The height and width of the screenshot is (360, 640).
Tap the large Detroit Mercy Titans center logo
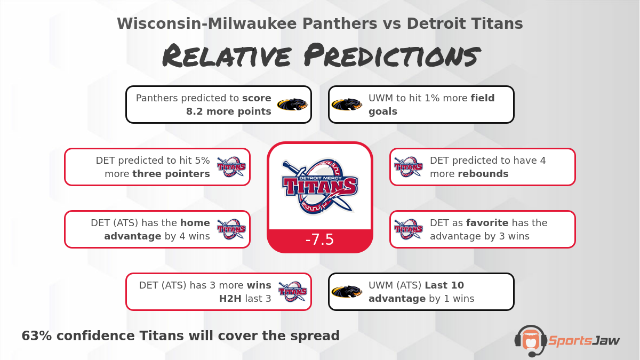click(x=319, y=186)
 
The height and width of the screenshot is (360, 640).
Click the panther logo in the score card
click(x=292, y=105)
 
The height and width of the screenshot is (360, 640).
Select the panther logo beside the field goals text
click(x=347, y=105)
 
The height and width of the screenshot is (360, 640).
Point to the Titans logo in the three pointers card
click(x=231, y=167)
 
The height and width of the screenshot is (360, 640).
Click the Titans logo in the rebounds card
click(x=409, y=167)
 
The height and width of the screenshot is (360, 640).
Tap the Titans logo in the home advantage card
click(x=231, y=229)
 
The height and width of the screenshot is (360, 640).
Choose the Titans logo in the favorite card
click(x=409, y=229)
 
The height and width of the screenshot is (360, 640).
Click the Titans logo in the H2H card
click(x=292, y=292)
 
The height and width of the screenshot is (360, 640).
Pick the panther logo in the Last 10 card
click(x=347, y=292)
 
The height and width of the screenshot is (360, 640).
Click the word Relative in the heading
click(x=227, y=56)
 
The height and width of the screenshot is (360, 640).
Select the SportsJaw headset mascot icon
click(x=530, y=340)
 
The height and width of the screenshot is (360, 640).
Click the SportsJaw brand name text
click(x=584, y=340)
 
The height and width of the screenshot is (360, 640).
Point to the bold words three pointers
click(x=171, y=174)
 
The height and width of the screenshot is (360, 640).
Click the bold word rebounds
click(x=483, y=174)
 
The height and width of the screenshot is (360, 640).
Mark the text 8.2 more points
click(x=228, y=111)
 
